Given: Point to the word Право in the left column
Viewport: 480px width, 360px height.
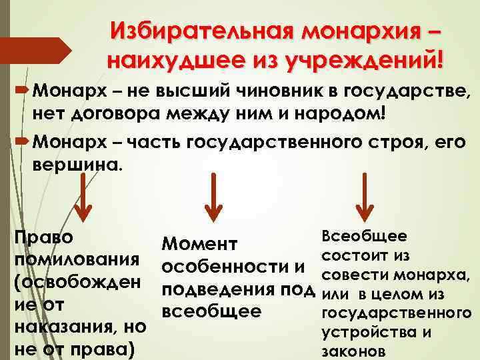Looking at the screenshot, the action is pos(44,238).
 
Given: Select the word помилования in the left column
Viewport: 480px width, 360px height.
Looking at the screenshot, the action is pos(77,260).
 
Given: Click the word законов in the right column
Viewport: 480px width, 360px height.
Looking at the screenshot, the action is pos(353,351).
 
